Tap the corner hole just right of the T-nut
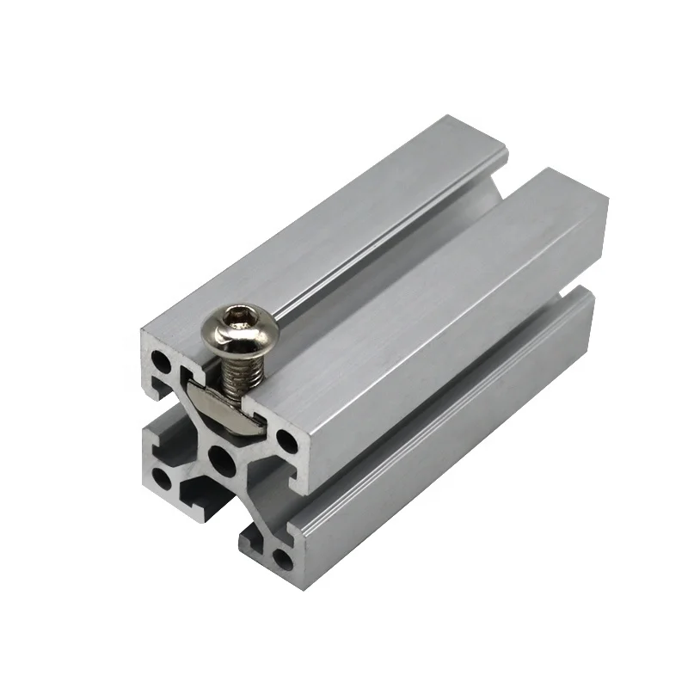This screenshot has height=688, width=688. click(x=287, y=444)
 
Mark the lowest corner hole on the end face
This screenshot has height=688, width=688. click(x=281, y=560)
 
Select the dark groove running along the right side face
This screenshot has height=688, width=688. click(x=447, y=404)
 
